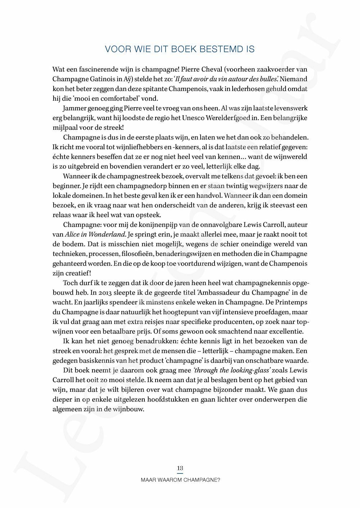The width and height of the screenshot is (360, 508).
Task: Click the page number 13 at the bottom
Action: click(x=180, y=468)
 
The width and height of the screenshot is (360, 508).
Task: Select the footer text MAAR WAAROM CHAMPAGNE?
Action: click(x=180, y=480)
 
